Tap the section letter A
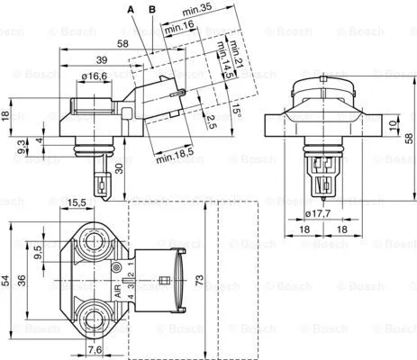coord(131,9)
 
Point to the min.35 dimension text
coord(195,9)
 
